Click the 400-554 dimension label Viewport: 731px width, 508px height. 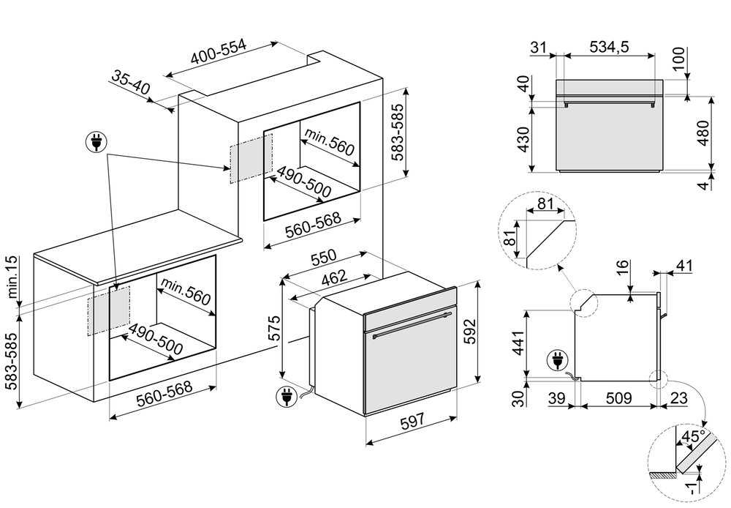[x=219, y=53]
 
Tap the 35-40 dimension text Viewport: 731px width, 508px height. [x=132, y=83]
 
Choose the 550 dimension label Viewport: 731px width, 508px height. [x=323, y=258]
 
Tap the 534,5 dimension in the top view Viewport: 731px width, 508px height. [x=609, y=47]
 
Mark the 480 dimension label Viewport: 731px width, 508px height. [x=702, y=134]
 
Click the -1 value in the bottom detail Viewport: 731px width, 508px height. [x=691, y=485]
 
